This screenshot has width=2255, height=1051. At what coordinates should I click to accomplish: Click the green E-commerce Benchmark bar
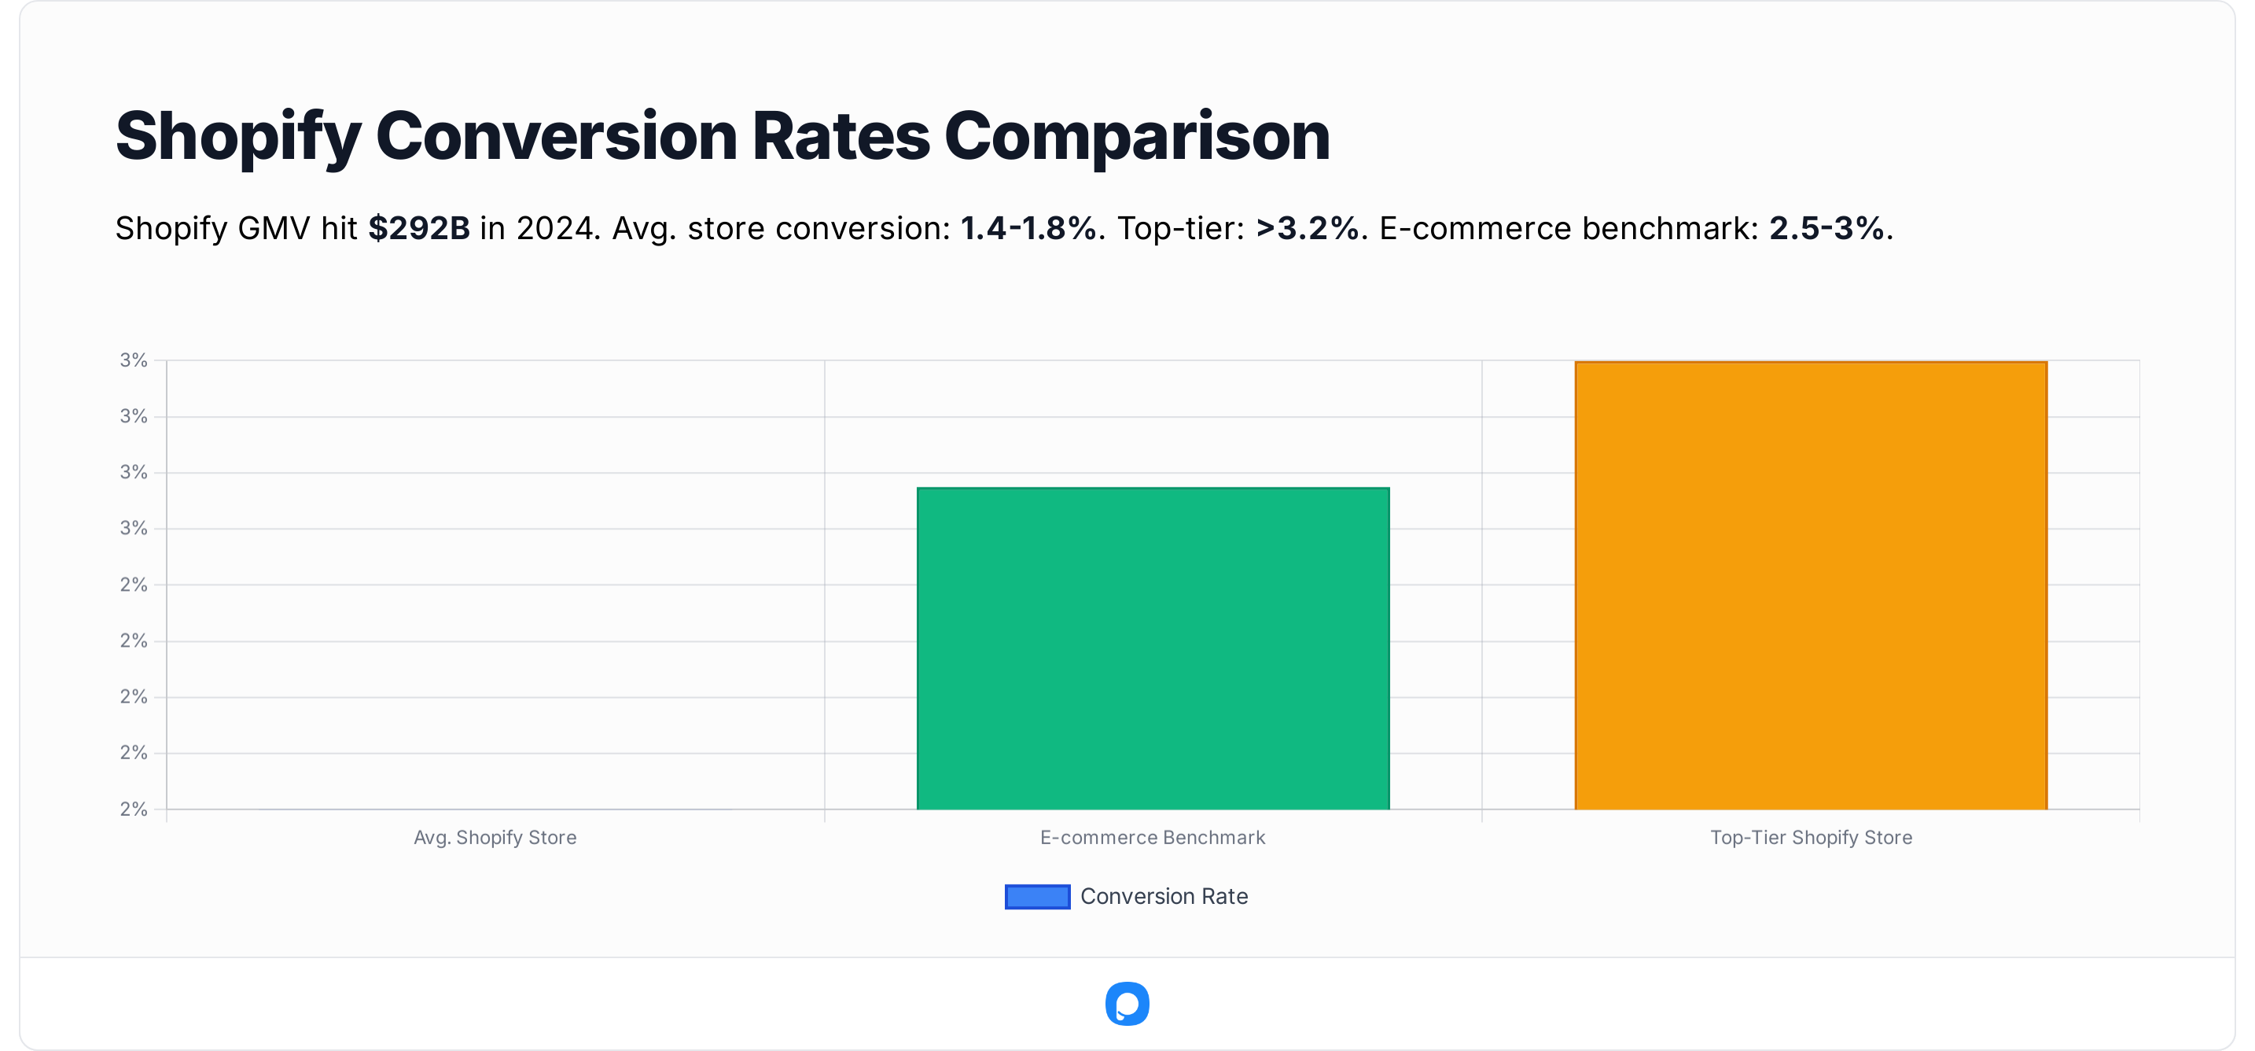tap(1153, 648)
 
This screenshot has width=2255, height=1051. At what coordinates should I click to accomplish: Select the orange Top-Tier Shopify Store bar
tap(1810, 585)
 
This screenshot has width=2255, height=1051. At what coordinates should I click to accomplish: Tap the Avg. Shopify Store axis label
tap(495, 837)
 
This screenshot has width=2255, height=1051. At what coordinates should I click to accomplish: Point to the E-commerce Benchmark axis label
tap(1152, 837)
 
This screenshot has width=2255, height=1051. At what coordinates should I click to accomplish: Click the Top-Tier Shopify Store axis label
tap(1810, 837)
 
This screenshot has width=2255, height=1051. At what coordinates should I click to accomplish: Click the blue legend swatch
tap(1037, 896)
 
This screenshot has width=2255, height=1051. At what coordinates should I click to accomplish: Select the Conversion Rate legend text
tap(1164, 896)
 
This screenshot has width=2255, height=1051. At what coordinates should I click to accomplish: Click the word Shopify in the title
tap(237, 137)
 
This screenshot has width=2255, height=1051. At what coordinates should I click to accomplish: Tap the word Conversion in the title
tap(556, 137)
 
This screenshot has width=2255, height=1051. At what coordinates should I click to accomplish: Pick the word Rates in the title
tap(841, 137)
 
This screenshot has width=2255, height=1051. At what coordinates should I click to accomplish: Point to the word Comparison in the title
tap(1136, 137)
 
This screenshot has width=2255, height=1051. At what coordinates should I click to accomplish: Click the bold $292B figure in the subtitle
tap(418, 229)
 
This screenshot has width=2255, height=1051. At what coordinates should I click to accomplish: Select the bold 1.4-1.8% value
tap(1028, 229)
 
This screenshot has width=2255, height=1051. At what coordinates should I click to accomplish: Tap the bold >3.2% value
tap(1308, 229)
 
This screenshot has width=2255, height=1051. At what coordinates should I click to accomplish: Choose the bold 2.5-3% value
tap(1826, 229)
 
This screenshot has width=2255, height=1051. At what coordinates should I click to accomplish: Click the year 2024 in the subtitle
tap(556, 229)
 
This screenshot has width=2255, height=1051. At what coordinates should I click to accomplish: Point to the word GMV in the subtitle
tap(274, 229)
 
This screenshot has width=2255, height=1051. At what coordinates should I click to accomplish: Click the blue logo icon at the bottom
tap(1127, 1004)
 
